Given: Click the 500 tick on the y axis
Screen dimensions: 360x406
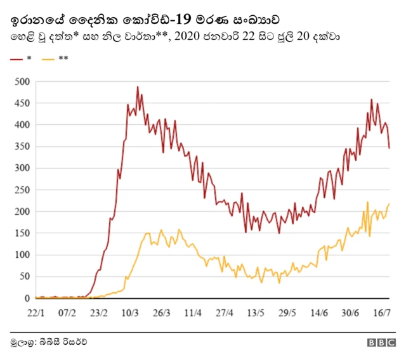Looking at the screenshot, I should tap(22, 82).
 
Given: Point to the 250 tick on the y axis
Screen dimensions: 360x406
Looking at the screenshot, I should tap(22, 190).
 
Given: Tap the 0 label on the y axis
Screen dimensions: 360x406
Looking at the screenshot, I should tap(27, 299).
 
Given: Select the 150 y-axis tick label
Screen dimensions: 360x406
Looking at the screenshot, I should tap(22, 233).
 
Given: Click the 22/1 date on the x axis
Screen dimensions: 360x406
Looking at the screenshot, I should tap(36, 312).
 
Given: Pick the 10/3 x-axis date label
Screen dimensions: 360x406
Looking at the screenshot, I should tap(130, 312).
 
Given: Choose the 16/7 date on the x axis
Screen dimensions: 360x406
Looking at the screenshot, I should tap(381, 312).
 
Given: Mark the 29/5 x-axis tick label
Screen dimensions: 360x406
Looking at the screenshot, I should tap(287, 312).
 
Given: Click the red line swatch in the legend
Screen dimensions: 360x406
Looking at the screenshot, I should tap(16, 59).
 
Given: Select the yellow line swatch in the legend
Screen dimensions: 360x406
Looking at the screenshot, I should tap(48, 59).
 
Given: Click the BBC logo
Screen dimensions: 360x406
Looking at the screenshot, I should tap(381, 342).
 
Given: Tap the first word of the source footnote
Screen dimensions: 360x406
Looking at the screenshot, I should tap(22, 342).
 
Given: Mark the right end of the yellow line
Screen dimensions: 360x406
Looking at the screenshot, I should tap(389, 203).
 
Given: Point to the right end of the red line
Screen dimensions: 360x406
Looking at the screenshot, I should tap(390, 148).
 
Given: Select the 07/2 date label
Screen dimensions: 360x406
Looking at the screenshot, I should tap(67, 312).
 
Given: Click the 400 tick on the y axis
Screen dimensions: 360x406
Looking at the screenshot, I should tap(22, 125).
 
